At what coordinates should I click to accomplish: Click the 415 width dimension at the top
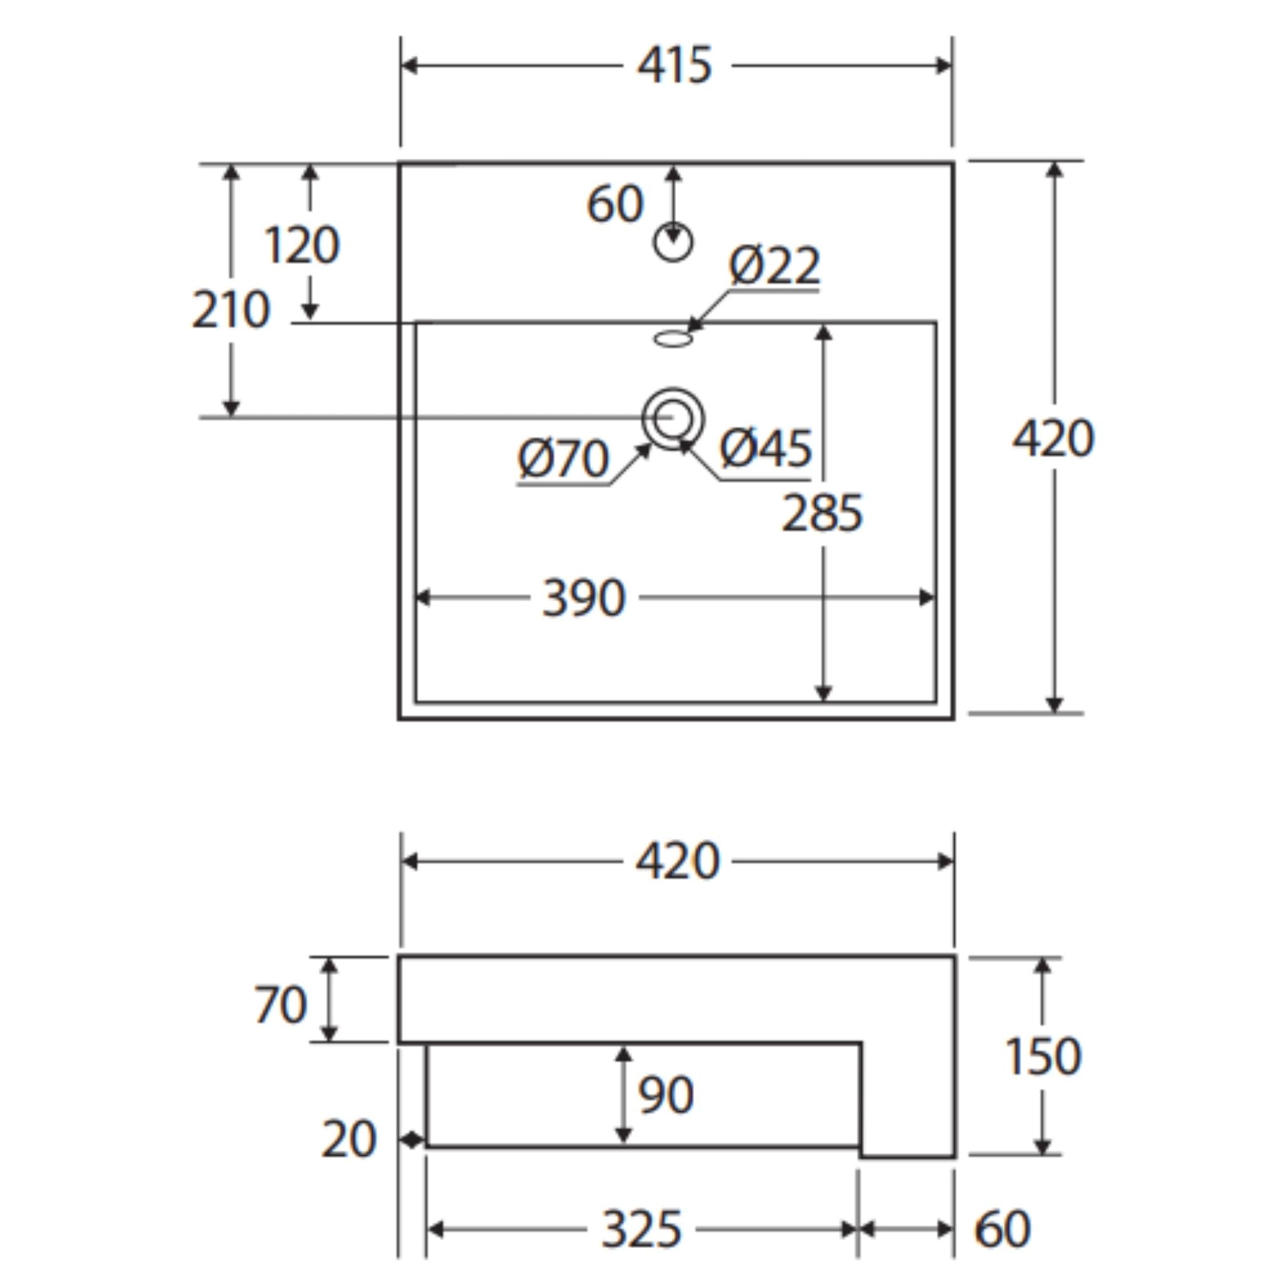[x=675, y=65]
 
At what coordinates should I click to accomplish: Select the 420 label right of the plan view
[x=1053, y=439]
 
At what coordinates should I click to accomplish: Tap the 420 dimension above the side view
[x=677, y=861]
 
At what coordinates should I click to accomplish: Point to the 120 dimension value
[x=302, y=245]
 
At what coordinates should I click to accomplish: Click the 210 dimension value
[x=231, y=309]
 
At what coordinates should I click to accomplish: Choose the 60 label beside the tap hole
[x=615, y=203]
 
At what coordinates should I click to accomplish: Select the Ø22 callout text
[x=774, y=266]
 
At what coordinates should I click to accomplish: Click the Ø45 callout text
[x=766, y=447]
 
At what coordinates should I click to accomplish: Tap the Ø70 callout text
[x=563, y=458]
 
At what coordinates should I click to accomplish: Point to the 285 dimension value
[x=822, y=513]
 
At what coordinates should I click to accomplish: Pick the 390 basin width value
[x=584, y=598]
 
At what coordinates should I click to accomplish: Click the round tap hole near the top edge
[x=673, y=242]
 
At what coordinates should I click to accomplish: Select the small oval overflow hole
[x=673, y=340]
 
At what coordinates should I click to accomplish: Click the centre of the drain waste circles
[x=673, y=418]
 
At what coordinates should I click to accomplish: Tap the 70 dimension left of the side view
[x=280, y=1004]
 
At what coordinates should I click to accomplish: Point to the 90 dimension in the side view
[x=665, y=1095]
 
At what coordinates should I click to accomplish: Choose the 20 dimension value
[x=349, y=1140]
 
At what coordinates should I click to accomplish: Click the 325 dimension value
[x=641, y=1229]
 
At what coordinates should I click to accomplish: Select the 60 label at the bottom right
[x=1002, y=1229]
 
